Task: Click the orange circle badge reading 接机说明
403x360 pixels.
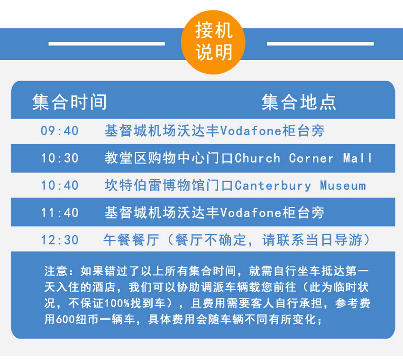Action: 213,42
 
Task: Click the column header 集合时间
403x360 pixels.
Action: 69,102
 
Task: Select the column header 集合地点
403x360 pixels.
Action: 299,102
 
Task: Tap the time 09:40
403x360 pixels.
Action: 60,130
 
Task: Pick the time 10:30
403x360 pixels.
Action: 60,158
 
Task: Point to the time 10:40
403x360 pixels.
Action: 60,185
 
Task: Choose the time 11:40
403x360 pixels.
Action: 60,212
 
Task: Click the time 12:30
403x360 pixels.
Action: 60,240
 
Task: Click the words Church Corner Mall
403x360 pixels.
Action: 303,158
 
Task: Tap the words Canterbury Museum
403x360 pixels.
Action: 300,185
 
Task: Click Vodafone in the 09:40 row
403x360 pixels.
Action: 251,130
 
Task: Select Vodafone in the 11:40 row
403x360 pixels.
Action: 251,212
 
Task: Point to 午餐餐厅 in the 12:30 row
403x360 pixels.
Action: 131,240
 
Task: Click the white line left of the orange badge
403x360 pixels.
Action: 107,44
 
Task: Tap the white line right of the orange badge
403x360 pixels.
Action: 320,44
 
